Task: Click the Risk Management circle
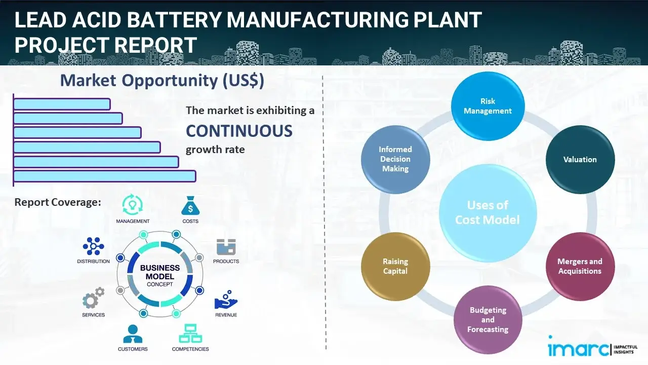[488, 106]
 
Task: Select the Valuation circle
[580, 159]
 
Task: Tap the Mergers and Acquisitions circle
[580, 266]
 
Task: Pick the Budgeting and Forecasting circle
[488, 319]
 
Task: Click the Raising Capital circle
[395, 266]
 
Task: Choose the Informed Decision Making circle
[395, 159]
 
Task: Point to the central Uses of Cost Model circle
[488, 212]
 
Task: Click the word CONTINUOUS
[239, 131]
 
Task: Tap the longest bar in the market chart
[104, 176]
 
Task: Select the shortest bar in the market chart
[62, 104]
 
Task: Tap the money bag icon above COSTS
[190, 206]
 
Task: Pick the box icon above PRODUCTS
[226, 247]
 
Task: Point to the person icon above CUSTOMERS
[133, 334]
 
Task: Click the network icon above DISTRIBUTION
[94, 246]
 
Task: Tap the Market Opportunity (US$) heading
[162, 81]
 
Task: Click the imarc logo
[577, 349]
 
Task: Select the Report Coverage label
[58, 202]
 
